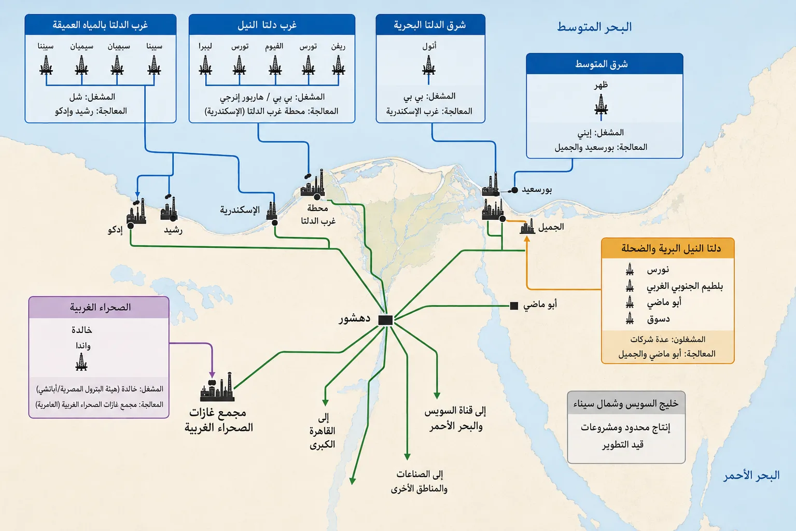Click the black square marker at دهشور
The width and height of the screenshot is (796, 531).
click(385, 320)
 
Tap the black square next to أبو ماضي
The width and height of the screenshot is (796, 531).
click(514, 305)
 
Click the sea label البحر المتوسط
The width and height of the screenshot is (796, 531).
click(594, 27)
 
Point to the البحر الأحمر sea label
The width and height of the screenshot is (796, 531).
click(751, 475)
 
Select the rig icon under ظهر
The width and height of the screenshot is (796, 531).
click(601, 106)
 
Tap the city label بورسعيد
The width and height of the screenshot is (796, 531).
click(537, 190)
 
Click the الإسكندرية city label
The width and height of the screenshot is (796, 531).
click(240, 210)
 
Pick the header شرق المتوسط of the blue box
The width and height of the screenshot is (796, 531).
click(601, 64)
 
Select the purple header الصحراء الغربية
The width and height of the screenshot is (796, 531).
click(100, 307)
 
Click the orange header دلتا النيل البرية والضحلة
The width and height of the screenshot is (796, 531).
click(671, 248)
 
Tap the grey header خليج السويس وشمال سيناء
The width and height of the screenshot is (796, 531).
click(626, 403)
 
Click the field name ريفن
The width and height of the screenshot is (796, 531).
click(338, 47)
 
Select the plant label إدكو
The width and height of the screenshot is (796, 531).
click(115, 230)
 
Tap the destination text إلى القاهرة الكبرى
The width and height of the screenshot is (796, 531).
click(323, 431)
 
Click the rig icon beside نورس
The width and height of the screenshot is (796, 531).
click(630, 270)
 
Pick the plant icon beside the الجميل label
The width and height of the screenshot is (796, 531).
click(527, 227)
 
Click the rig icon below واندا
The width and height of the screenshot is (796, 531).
click(81, 362)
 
